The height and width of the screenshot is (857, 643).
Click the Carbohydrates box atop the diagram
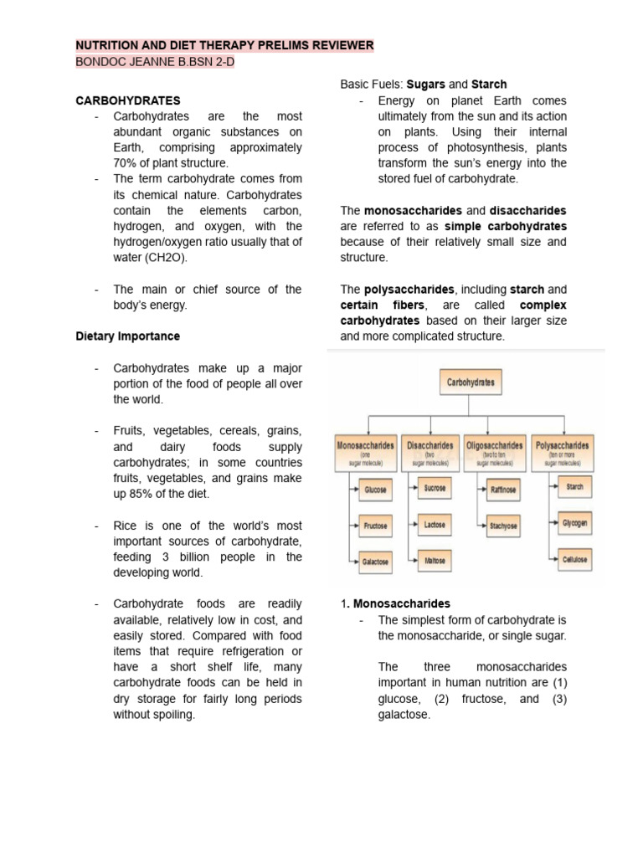coord(471,383)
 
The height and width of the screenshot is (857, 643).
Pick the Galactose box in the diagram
coord(374,562)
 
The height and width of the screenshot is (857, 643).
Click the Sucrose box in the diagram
coord(435,487)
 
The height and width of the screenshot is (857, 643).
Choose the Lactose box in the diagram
coord(434,525)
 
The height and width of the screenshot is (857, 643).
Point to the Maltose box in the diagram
coord(435,561)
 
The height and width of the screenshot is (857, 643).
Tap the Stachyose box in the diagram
coord(503,526)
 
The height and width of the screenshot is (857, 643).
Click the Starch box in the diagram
coord(574,486)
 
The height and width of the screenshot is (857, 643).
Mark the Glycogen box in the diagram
coord(574,522)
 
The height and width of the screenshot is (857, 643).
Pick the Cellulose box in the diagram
coord(574,559)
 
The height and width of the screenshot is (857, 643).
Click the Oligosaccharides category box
coord(495,450)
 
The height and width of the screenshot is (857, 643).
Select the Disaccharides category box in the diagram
coord(430,450)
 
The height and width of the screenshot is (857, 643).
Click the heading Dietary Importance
coord(128,336)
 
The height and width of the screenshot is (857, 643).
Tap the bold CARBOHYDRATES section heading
coord(128,100)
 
